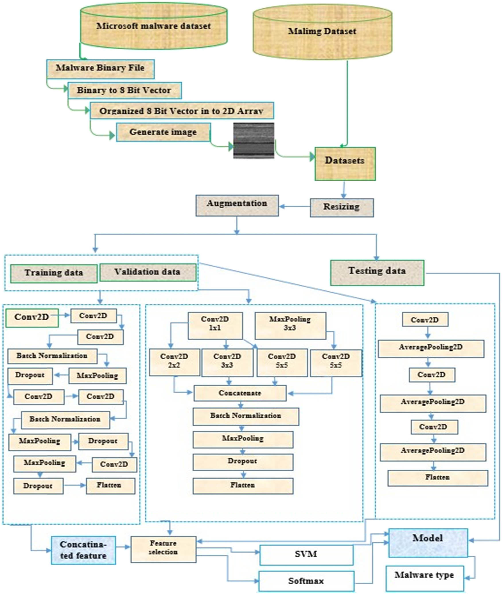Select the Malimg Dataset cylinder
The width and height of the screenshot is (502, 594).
322,32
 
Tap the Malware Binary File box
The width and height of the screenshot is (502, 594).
100,69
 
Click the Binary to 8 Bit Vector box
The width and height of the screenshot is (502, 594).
124,90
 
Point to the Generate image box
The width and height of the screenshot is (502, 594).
163,132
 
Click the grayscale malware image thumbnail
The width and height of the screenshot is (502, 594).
254,141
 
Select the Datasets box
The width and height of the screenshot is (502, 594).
345,164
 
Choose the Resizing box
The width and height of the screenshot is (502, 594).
341,207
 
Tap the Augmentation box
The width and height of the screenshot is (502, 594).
237,205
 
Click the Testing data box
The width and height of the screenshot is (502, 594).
377,273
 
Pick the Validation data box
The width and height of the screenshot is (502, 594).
148,273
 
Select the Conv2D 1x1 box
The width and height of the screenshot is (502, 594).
215,325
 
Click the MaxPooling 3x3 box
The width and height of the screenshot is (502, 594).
290,325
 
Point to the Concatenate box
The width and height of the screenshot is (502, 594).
240,393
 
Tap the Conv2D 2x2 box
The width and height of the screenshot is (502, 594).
174,362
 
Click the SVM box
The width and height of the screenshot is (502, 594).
306,555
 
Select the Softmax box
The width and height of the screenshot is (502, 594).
306,581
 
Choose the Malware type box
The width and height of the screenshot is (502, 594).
424,578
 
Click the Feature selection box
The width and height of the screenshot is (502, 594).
163,549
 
